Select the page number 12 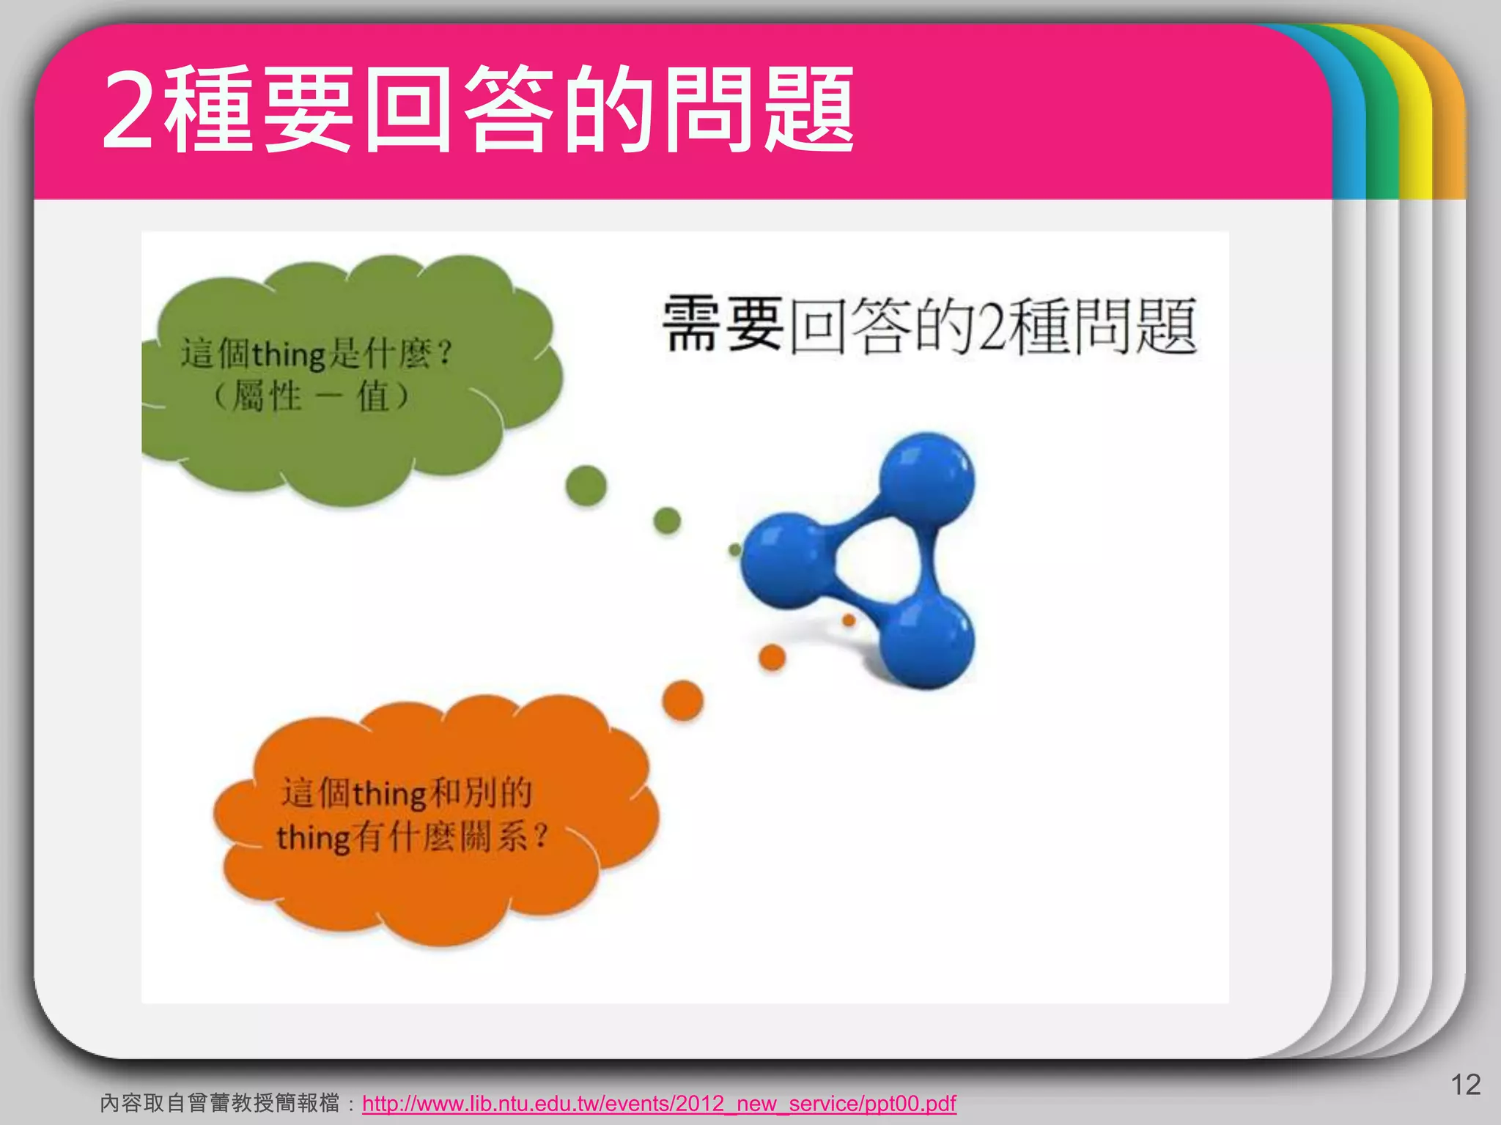click(x=1465, y=1085)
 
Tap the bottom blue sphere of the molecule click(x=927, y=642)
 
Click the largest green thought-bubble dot click(x=586, y=486)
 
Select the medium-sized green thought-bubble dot click(x=667, y=521)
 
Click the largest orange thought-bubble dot click(x=682, y=700)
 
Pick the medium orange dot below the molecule click(x=772, y=657)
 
